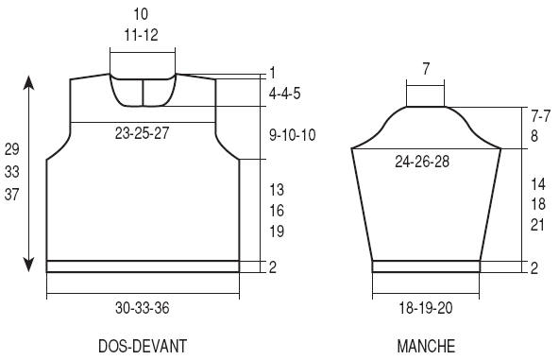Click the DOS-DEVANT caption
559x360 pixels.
point(143,346)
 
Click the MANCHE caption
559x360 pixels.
point(426,346)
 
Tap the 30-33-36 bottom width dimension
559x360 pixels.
point(142,307)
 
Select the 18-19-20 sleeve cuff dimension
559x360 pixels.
point(425,307)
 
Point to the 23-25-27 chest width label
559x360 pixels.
point(142,133)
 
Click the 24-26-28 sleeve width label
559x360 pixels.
point(422,162)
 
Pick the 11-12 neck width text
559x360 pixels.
point(142,35)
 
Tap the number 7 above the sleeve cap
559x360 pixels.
point(426,69)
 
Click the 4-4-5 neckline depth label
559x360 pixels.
point(285,94)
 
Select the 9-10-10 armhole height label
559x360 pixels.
point(293,135)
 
